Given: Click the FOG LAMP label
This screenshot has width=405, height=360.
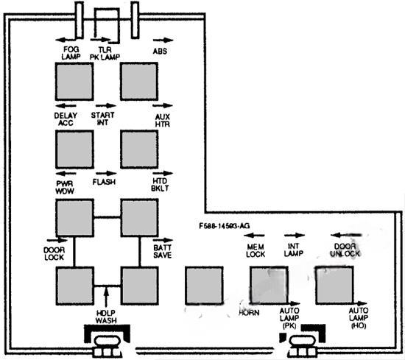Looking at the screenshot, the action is click(x=71, y=53).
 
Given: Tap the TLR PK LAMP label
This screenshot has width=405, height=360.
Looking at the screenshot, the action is click(x=105, y=54).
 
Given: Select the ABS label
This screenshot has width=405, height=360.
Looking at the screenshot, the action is click(x=160, y=51).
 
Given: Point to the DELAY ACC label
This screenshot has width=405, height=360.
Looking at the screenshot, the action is click(x=66, y=119).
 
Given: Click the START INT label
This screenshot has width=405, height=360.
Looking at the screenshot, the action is click(x=102, y=119).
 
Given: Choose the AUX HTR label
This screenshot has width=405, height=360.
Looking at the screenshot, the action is click(x=163, y=121).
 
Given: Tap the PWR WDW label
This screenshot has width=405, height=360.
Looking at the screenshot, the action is click(x=65, y=188).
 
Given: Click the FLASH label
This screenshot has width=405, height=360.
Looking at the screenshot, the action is click(x=104, y=182).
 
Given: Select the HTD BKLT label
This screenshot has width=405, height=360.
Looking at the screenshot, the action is click(x=160, y=185).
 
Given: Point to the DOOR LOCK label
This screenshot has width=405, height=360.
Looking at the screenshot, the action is click(x=54, y=253).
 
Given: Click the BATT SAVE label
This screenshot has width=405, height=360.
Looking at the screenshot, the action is click(x=163, y=251).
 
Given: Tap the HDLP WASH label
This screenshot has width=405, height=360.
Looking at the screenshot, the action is click(x=106, y=317).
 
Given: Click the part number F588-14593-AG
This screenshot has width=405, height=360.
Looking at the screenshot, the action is click(x=225, y=226).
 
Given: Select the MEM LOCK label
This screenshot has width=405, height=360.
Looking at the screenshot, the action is click(x=256, y=250).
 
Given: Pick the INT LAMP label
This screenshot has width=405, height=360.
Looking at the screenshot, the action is click(x=294, y=250).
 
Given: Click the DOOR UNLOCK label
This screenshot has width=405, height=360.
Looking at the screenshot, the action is click(x=345, y=250).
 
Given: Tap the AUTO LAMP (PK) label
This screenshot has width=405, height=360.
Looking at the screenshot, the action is click(x=289, y=318).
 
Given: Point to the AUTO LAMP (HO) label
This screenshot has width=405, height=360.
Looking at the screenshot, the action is click(x=359, y=318).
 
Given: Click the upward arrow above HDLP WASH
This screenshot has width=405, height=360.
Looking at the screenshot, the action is click(x=105, y=297).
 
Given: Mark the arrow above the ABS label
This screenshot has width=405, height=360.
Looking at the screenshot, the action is click(x=163, y=40).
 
